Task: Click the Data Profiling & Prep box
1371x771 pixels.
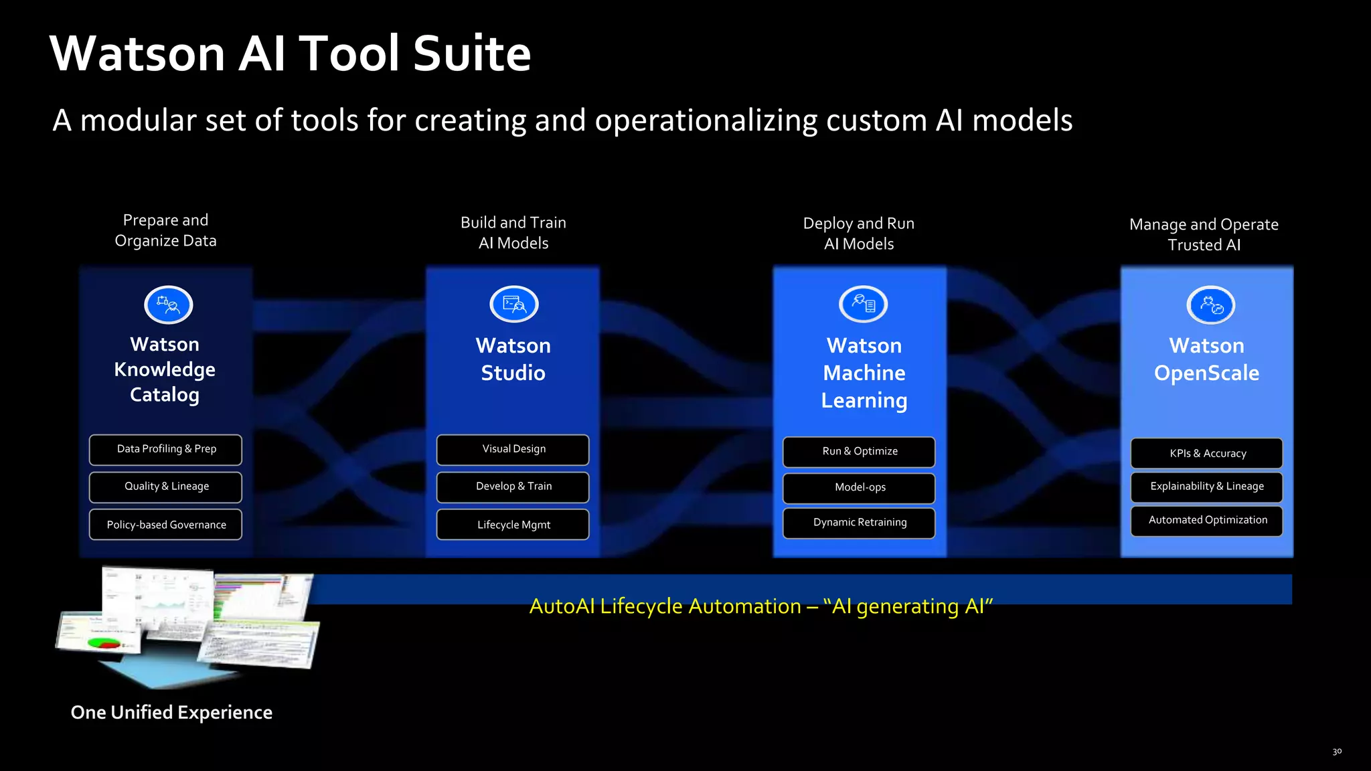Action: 165,450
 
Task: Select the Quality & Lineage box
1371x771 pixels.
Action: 165,487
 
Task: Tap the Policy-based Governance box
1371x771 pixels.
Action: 165,525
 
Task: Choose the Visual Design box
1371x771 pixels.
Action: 513,450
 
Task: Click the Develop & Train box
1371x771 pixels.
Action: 513,487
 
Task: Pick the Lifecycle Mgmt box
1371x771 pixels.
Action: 513,525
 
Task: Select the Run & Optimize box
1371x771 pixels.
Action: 859,452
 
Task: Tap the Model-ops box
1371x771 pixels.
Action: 859,488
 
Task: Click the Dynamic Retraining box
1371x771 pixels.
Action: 859,523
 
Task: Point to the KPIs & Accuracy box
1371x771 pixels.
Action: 1206,454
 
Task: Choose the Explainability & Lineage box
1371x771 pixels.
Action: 1206,487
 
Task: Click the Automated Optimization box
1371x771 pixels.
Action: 1206,521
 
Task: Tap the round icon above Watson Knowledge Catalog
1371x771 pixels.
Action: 169,305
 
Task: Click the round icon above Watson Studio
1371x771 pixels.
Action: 514,305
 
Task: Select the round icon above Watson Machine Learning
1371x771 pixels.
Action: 863,305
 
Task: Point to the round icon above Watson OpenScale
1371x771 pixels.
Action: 1210,305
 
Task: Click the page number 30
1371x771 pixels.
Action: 1336,752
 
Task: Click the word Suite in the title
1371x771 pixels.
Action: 471,54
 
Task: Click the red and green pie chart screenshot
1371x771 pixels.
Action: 100,636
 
